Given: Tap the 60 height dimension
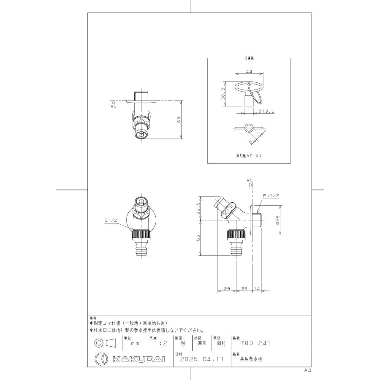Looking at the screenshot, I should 179,120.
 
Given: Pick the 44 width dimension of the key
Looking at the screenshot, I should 249,72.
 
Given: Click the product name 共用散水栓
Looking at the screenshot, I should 252,360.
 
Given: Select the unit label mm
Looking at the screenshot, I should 135,344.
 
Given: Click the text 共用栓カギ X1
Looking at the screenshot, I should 249,155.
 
